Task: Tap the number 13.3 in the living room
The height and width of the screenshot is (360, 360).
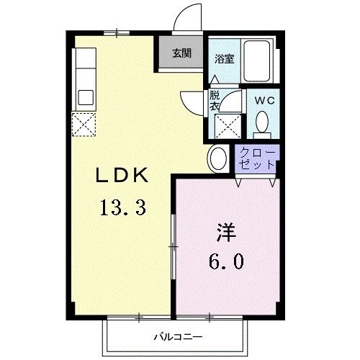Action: [122, 208]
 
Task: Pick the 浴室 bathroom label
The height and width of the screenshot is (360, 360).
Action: [223, 59]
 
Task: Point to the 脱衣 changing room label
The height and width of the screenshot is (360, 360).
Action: [215, 100]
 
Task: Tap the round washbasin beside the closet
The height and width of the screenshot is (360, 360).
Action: [218, 158]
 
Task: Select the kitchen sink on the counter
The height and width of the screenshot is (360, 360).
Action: [85, 96]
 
